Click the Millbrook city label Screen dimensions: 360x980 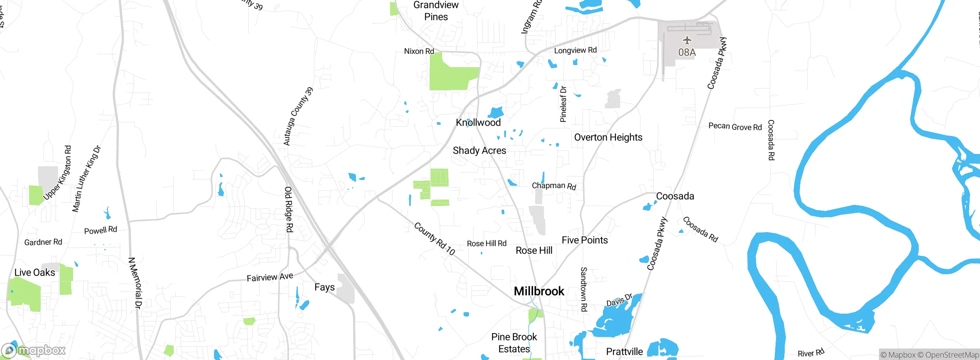[x=539, y=291]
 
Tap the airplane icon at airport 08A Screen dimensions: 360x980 [x=687, y=40]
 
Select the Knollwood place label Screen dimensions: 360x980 [x=478, y=123]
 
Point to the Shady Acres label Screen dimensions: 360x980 [x=479, y=151]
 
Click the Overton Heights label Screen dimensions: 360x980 [x=608, y=137]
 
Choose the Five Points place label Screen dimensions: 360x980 [x=585, y=240]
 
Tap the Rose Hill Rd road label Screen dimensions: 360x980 [x=487, y=244]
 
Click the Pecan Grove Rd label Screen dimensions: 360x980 [x=735, y=127]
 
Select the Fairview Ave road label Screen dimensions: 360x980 [x=270, y=277]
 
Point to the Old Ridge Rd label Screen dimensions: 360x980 [x=289, y=209]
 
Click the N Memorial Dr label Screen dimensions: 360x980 [x=135, y=283]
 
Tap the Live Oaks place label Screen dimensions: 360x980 [x=35, y=272]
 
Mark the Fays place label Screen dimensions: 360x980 [x=324, y=287]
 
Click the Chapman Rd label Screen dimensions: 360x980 [x=554, y=186]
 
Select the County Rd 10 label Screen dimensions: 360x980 [x=434, y=239]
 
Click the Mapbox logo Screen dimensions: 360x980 [x=34, y=350]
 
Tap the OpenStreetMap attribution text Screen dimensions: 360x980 [x=948, y=355]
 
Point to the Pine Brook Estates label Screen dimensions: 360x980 [x=514, y=343]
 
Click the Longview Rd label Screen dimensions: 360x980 [x=575, y=50]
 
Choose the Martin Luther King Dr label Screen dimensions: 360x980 [x=87, y=179]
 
